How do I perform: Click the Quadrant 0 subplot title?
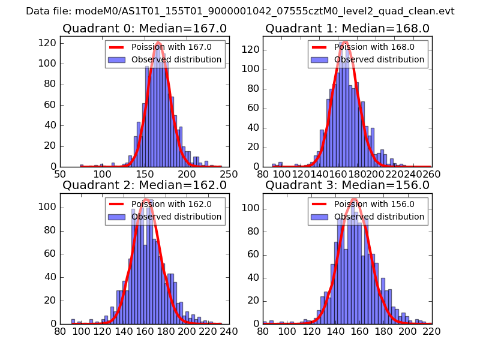tap(145, 28)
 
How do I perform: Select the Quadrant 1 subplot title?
tap(347, 28)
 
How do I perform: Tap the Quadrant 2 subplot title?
tap(145, 185)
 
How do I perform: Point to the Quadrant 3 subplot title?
tap(347, 185)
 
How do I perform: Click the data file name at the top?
tap(240, 11)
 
